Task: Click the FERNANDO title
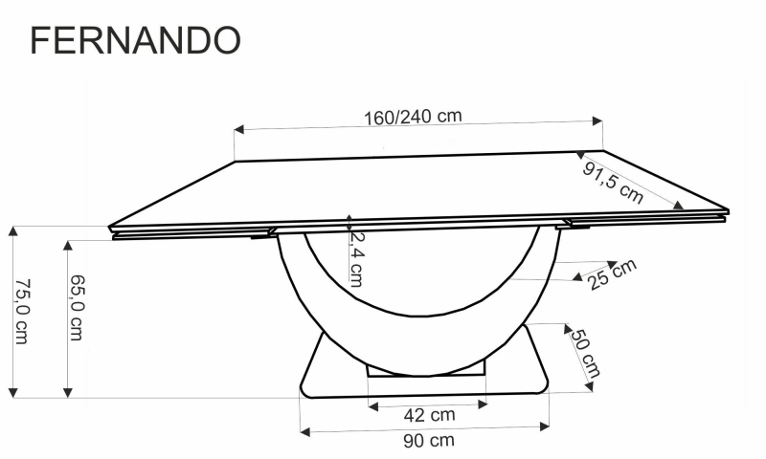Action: coord(135,40)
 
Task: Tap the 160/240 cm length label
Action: coord(413,117)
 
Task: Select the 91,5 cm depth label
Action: coord(613,183)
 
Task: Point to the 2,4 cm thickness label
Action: coord(356,258)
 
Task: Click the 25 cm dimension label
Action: coord(612,274)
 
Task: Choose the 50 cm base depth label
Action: coord(585,354)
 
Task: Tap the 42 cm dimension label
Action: coord(429,415)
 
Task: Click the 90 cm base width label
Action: coord(429,441)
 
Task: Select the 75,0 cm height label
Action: coord(22,311)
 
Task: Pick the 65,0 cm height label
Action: coord(77,307)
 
